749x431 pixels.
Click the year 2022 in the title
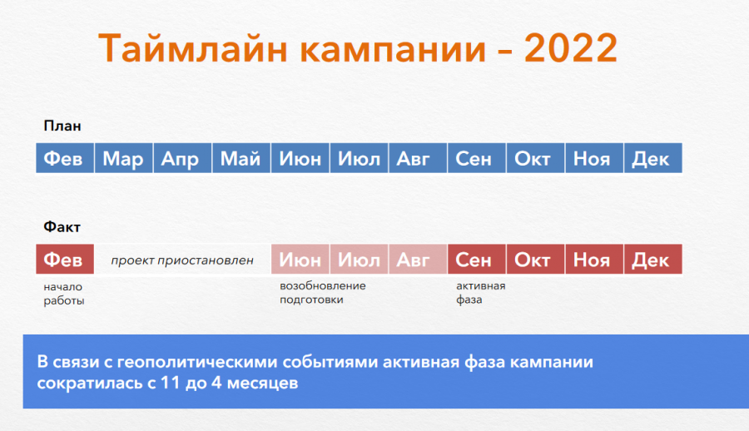pos(571,47)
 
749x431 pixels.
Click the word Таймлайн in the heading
pos(193,47)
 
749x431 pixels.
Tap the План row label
pos(62,126)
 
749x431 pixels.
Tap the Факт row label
pos(62,226)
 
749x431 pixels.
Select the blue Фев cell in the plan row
pos(65,158)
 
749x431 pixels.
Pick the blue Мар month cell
pos(124,158)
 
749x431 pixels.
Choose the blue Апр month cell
pos(182,158)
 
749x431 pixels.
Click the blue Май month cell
pos(241,158)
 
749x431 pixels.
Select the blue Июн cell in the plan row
pos(300,158)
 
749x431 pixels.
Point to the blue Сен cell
pos(477,158)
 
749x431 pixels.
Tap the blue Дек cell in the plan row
pos(653,158)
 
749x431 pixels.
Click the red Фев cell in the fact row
pos(65,259)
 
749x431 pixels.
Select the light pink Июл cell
pos(359,259)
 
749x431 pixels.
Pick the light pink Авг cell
pos(418,259)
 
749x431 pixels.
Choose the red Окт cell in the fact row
pos(535,259)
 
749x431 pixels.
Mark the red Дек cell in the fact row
pos(653,259)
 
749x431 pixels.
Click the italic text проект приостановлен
pos(182,260)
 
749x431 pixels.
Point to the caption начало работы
pos(64,294)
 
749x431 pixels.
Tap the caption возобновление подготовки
pos(323,292)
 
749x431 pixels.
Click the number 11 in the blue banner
pos(171,383)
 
